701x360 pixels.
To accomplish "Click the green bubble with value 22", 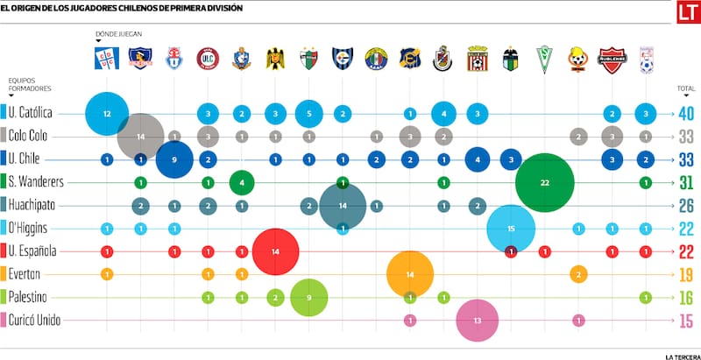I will (545, 182).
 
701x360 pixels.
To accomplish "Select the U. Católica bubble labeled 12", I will (107, 114).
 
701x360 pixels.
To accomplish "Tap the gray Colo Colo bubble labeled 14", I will (141, 137).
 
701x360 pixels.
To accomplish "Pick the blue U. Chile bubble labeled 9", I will (174, 159).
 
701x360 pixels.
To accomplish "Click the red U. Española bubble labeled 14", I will (276, 251).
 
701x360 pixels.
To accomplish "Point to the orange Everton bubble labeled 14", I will (410, 274).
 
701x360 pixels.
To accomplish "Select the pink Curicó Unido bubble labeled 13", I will (477, 320).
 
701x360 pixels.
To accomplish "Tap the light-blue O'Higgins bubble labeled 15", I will (511, 229).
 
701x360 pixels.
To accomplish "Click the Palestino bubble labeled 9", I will (308, 297).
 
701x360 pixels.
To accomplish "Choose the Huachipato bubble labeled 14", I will (343, 206).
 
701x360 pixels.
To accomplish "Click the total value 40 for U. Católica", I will (685, 114).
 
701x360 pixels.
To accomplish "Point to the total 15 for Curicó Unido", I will (685, 320).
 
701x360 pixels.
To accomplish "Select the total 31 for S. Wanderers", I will (685, 182).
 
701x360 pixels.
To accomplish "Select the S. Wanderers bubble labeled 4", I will (242, 182).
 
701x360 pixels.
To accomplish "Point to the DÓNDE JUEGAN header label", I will (118, 34).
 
